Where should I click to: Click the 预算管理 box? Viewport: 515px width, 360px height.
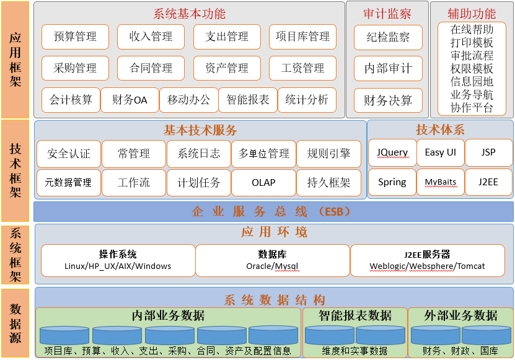(x=75, y=37)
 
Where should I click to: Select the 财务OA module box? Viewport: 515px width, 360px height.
(x=130, y=100)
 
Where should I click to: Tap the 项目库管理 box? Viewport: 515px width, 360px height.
(x=302, y=37)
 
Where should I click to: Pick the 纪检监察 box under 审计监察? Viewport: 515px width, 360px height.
(x=388, y=37)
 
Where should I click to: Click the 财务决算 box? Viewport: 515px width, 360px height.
(x=388, y=100)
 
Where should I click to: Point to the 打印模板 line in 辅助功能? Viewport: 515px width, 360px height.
(x=472, y=43)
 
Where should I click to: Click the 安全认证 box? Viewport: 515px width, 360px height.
(x=69, y=154)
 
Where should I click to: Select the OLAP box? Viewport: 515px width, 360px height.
(x=263, y=182)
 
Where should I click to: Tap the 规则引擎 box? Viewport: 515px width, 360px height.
(x=328, y=154)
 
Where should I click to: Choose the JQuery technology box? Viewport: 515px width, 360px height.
(x=392, y=152)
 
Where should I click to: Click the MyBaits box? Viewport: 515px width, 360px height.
(x=441, y=182)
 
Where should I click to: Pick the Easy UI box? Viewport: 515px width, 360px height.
(x=441, y=152)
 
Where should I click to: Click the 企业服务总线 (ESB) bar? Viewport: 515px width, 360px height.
(x=273, y=211)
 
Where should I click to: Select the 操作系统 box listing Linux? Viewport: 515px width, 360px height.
(x=118, y=260)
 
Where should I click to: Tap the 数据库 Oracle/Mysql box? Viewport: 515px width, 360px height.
(x=272, y=260)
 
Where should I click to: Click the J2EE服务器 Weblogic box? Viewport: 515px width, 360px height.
(x=427, y=260)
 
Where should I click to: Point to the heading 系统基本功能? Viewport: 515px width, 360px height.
(x=190, y=14)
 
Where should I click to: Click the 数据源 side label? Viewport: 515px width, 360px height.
(x=15, y=323)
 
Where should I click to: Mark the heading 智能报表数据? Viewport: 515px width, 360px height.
(x=355, y=315)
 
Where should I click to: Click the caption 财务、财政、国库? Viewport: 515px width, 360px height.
(x=460, y=351)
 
